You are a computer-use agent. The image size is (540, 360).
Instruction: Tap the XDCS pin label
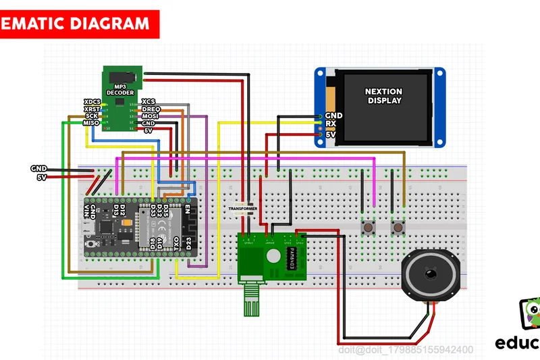[x=91, y=101]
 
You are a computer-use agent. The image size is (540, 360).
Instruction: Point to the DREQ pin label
[x=151, y=109]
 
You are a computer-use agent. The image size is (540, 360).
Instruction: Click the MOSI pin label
[x=150, y=116]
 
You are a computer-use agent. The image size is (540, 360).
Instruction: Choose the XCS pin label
[x=148, y=101]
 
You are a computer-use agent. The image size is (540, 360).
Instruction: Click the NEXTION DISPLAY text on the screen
[x=383, y=96]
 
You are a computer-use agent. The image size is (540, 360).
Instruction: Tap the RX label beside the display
[x=331, y=124]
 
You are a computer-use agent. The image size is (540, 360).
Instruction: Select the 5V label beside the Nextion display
[x=331, y=134]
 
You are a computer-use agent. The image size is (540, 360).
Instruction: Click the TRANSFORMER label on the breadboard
[x=242, y=209]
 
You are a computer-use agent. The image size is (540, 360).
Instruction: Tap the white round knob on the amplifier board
[x=273, y=256]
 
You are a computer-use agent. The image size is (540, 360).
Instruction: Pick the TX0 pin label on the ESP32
[x=176, y=244]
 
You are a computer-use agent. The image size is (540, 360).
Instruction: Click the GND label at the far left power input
[x=38, y=168]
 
